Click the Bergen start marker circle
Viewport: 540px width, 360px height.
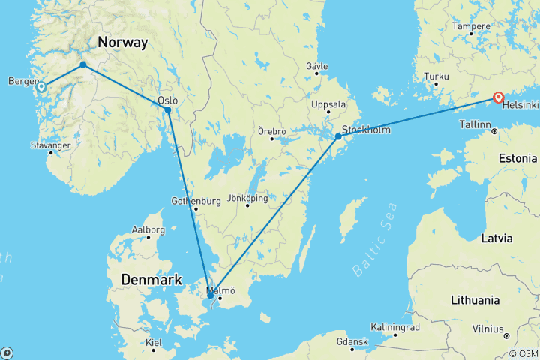(41, 86)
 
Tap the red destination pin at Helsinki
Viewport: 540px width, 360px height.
(498, 97)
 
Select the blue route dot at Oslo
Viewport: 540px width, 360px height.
(168, 110)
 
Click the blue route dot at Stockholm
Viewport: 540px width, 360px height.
(338, 136)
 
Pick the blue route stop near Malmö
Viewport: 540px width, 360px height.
(210, 295)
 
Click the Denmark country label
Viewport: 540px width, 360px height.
(152, 280)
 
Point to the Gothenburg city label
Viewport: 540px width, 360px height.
(196, 201)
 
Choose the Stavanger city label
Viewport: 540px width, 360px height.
(51, 145)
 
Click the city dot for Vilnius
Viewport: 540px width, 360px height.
(506, 337)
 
